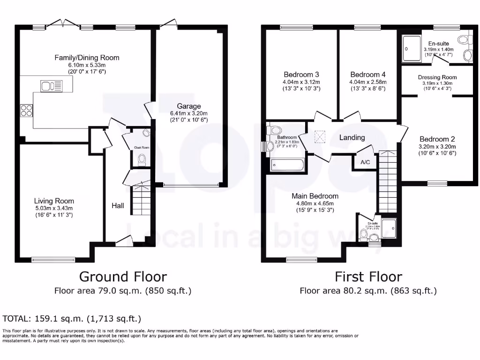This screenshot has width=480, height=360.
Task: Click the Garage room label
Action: tap(189, 106)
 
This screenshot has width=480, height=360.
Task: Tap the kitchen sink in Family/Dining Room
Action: tap(52, 85)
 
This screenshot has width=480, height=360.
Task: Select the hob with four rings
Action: tap(26, 111)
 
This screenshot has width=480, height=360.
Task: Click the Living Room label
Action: tap(54, 201)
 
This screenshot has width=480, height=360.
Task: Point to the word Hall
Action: tap(118, 205)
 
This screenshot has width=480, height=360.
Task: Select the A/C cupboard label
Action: tap(365, 163)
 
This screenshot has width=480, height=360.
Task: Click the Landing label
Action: tap(352, 137)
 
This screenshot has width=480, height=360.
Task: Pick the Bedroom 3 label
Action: tap(301, 75)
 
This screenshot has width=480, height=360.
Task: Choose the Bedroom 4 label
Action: tap(368, 75)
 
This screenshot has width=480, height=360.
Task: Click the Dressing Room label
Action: tap(437, 77)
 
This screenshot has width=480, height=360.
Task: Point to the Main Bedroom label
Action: tap(315, 196)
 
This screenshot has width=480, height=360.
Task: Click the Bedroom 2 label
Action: tap(437, 139)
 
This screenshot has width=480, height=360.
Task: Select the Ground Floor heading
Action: tap(123, 276)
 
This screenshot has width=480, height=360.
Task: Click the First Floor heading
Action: tap(368, 276)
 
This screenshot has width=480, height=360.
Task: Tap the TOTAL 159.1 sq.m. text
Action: tap(72, 319)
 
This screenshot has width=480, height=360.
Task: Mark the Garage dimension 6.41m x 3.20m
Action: tap(189, 113)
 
